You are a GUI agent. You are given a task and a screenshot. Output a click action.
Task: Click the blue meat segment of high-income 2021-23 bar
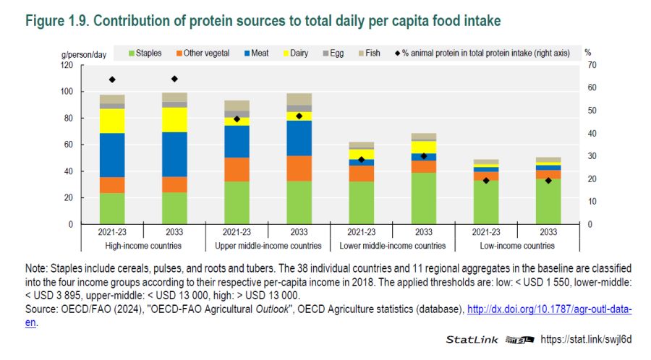tap(112, 155)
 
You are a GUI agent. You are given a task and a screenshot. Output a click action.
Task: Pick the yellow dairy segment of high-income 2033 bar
tap(174, 119)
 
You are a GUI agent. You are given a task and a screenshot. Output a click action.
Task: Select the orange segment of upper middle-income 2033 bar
tap(299, 168)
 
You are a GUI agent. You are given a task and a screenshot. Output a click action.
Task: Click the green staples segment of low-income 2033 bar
tap(548, 201)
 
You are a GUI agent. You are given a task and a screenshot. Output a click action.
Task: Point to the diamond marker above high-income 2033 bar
tap(174, 79)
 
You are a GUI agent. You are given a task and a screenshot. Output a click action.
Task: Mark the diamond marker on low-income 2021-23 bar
tap(486, 180)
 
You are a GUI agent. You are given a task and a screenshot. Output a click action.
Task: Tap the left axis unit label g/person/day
tap(82, 53)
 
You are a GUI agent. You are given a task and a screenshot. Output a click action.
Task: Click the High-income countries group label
tap(143, 246)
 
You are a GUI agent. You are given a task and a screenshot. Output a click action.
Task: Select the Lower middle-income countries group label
tap(392, 246)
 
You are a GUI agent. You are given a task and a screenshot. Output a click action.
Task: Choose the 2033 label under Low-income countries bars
tap(548, 233)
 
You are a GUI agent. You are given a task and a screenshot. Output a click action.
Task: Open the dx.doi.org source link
tap(549, 309)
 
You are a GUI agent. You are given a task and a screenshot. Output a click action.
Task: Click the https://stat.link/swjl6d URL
tap(587, 339)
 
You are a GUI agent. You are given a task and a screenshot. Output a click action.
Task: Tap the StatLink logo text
tap(470, 339)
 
